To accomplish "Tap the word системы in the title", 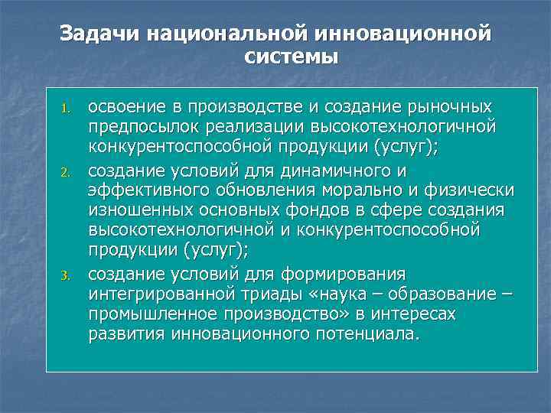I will coord(292,57).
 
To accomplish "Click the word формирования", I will coord(341,275).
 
